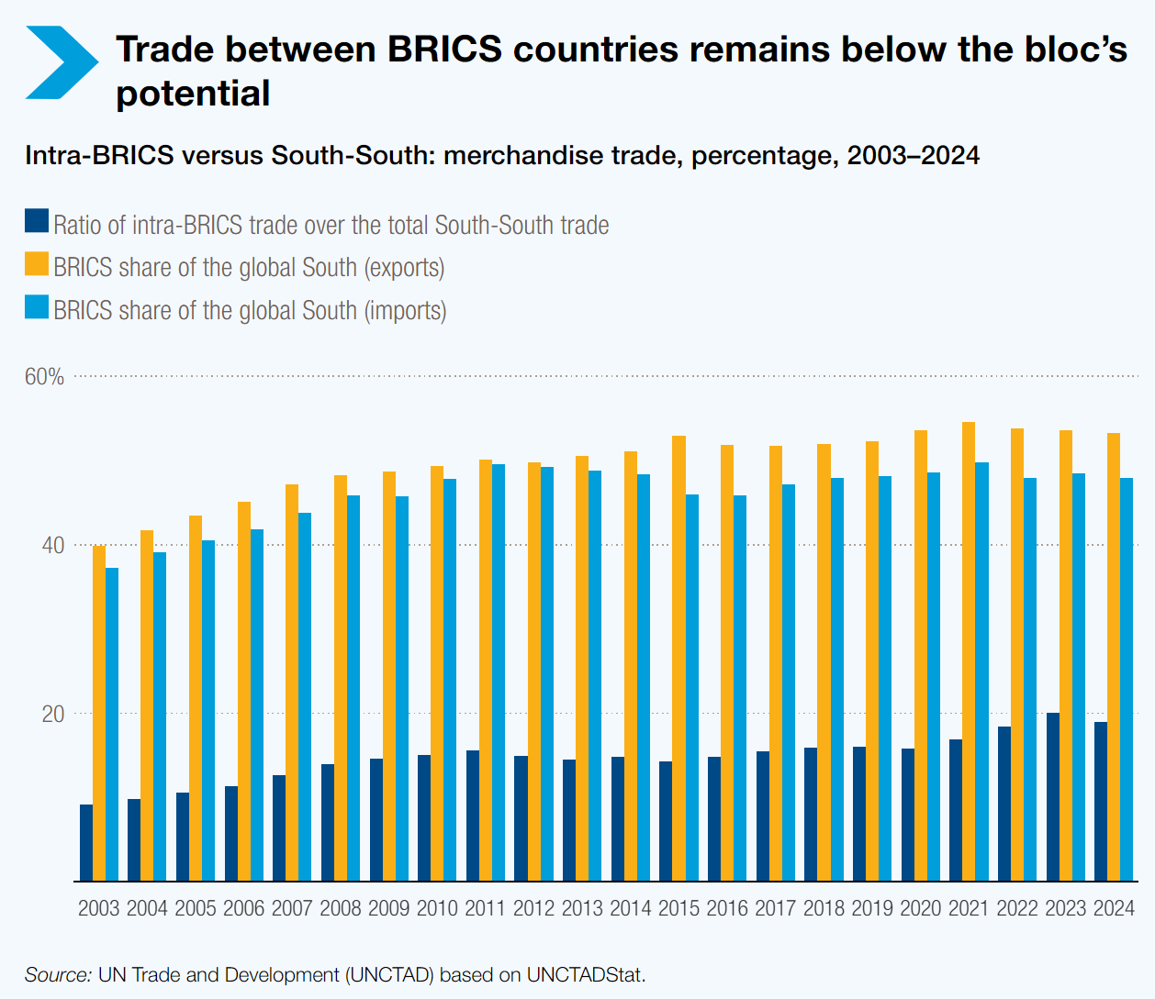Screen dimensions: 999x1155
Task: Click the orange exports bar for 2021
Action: point(969,651)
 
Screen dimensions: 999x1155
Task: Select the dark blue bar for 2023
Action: point(1053,797)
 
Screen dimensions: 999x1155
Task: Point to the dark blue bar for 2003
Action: point(86,843)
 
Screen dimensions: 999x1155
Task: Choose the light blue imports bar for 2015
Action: point(692,688)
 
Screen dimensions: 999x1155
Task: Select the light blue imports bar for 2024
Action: point(1127,680)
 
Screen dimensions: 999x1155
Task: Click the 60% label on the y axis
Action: point(44,377)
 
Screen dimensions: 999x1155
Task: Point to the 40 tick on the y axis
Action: point(53,546)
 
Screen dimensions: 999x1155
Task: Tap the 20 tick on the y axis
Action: point(53,714)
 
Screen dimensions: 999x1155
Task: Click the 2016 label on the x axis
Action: point(727,908)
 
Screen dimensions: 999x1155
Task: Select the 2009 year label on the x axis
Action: point(388,908)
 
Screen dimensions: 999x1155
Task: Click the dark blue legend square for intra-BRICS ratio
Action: point(37,221)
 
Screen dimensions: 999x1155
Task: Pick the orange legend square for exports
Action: point(37,264)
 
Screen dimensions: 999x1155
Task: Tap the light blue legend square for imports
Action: point(37,306)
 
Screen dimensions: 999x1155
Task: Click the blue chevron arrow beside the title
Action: point(62,62)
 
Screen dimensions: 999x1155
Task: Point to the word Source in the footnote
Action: point(58,974)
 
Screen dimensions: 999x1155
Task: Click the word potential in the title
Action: point(193,94)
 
